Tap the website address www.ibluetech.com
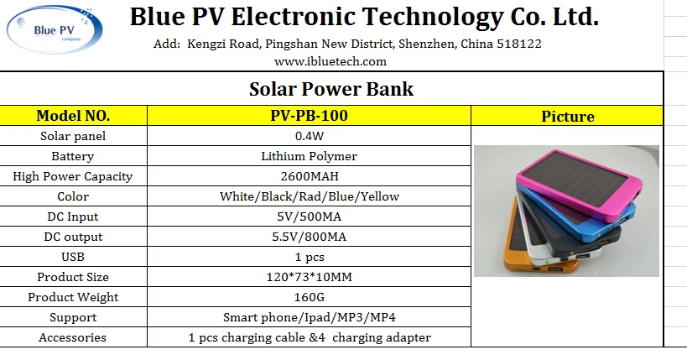click(x=330, y=61)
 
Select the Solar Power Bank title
click(x=331, y=89)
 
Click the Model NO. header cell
click(x=73, y=116)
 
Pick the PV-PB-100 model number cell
click(x=309, y=116)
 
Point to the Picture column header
click(x=567, y=117)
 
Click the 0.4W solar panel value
click(x=309, y=136)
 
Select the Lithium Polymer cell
click(x=309, y=156)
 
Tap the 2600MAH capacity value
click(x=309, y=176)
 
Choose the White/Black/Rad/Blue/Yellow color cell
click(x=309, y=196)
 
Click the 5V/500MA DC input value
click(x=309, y=217)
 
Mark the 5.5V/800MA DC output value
click(x=309, y=237)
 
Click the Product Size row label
click(x=73, y=277)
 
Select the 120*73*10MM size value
click(x=309, y=277)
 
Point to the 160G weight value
click(x=309, y=297)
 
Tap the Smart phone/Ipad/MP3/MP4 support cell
click(x=309, y=317)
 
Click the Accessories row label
click(x=73, y=337)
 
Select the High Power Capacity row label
click(x=73, y=176)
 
